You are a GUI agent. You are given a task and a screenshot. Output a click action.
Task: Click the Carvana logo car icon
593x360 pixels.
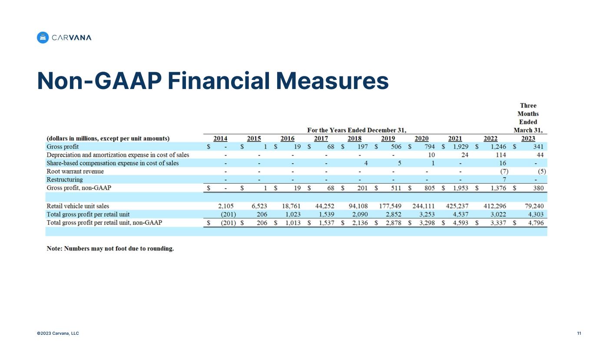pyautogui.click(x=43, y=38)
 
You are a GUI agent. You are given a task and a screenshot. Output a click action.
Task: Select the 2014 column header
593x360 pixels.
pyautogui.click(x=220, y=139)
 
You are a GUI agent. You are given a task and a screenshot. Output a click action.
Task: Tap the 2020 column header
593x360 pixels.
pyautogui.click(x=421, y=139)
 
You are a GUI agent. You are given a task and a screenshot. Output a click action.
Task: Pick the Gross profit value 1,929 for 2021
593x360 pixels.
pyautogui.click(x=458, y=147)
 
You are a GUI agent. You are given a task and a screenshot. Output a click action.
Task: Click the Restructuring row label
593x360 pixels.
pyautogui.click(x=65, y=179)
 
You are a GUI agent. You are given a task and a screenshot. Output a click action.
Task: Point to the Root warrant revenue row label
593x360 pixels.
pyautogui.click(x=75, y=171)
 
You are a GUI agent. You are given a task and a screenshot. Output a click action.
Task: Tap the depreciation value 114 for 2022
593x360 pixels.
pyautogui.click(x=501, y=155)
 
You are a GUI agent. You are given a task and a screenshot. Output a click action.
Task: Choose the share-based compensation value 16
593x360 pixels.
pyautogui.click(x=503, y=163)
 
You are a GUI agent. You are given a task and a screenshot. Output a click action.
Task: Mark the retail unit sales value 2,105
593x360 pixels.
pyautogui.click(x=227, y=206)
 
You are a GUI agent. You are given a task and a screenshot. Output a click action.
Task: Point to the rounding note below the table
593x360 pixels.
pyautogui.click(x=110, y=249)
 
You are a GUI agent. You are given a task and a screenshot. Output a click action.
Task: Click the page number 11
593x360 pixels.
pyautogui.click(x=579, y=334)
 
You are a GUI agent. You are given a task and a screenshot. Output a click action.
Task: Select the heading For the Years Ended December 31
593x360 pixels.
pyautogui.click(x=357, y=130)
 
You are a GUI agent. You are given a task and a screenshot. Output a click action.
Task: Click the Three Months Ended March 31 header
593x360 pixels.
pyautogui.click(x=528, y=118)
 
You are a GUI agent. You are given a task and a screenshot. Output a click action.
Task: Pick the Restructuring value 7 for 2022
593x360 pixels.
pyautogui.click(x=504, y=179)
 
